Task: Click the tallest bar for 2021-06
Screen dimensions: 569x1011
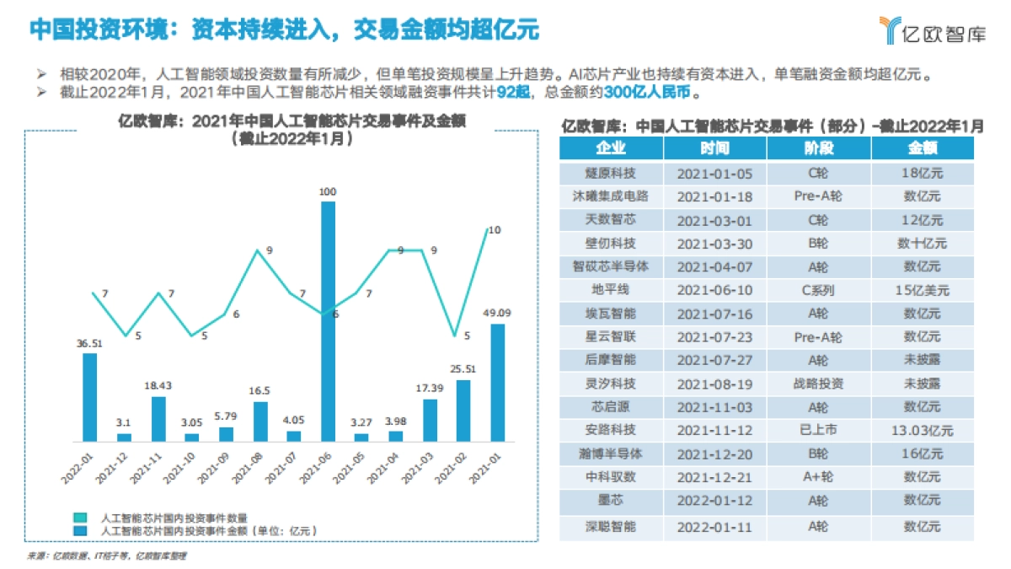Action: (328, 320)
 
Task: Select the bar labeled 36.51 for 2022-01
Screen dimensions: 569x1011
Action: (89, 396)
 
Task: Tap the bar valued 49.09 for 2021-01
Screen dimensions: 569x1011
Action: (498, 382)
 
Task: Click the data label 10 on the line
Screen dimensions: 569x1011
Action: (495, 229)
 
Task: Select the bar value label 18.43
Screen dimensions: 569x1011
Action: (158, 385)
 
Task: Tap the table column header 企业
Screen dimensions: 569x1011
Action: (611, 148)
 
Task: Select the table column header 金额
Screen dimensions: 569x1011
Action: (923, 148)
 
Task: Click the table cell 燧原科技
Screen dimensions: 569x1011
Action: (611, 174)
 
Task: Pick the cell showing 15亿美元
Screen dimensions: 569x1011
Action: (923, 290)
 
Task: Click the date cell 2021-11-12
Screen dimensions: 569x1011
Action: (714, 430)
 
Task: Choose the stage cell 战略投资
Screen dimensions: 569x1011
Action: (819, 384)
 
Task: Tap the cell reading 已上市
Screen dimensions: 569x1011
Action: (819, 430)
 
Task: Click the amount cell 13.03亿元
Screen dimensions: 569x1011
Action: (923, 430)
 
